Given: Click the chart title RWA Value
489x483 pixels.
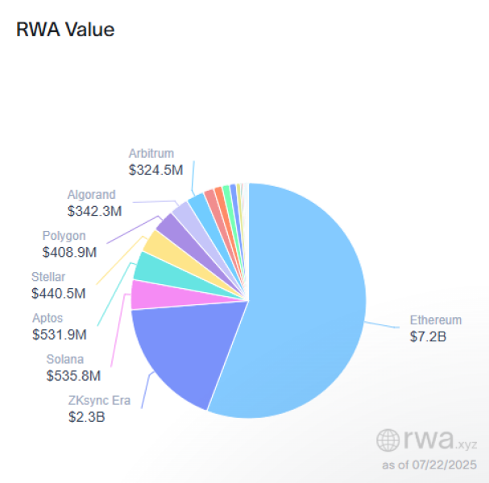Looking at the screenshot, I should coord(65,30).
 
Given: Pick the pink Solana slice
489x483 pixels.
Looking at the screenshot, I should coord(147,295).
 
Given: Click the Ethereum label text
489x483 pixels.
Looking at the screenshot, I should coord(436,319).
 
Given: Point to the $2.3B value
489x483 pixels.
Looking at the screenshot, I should coord(87,417).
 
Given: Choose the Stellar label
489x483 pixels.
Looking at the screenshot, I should coord(51,277).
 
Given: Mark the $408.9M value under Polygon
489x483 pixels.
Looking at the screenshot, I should coord(69,252).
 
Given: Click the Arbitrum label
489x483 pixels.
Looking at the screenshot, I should coord(151,154).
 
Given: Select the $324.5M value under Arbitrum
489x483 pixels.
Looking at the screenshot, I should coord(155,170).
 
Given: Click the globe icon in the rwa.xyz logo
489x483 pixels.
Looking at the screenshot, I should coord(388,440).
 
